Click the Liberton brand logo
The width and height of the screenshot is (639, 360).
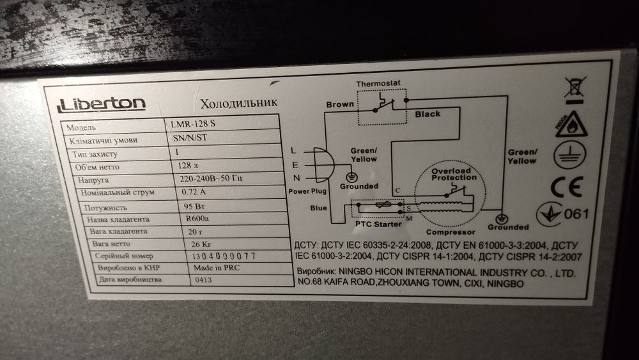point(101,104)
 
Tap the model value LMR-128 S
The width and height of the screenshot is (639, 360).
point(193,123)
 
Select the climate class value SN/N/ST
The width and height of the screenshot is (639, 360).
point(190,138)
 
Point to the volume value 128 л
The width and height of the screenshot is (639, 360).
point(188,166)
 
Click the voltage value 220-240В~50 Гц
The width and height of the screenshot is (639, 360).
point(211,178)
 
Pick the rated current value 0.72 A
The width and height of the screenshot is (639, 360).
point(194,192)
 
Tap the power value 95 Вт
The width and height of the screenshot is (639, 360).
point(194,207)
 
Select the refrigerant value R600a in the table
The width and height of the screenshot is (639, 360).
point(197,219)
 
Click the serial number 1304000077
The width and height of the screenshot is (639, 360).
point(223,256)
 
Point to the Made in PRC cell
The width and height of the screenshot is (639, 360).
point(217,268)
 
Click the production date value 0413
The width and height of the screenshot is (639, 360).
point(203,280)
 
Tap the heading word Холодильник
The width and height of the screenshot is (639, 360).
point(239,103)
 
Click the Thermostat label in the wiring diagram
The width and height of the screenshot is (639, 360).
point(378,84)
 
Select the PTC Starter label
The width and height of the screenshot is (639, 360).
point(378,224)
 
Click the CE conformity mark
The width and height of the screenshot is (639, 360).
point(567,187)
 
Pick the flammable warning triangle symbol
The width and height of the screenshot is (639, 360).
point(571,124)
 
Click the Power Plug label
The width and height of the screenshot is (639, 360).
point(307,191)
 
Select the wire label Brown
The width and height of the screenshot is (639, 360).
point(340,104)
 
